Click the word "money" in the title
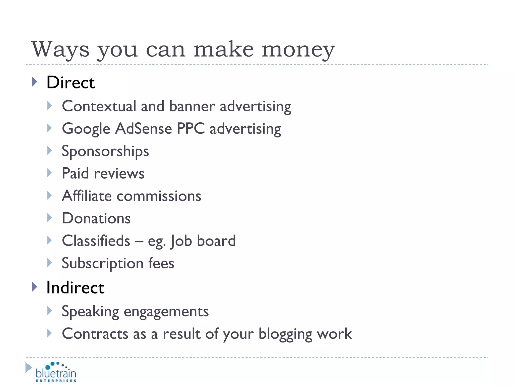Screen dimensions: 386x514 pyautogui.click(x=298, y=50)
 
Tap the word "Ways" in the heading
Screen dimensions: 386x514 pyautogui.click(x=60, y=50)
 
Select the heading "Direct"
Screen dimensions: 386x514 pyautogui.click(x=71, y=82)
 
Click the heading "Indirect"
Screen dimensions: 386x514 pyautogui.click(x=75, y=287)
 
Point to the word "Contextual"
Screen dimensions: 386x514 pyautogui.click(x=99, y=106)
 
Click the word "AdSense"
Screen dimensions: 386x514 pyautogui.click(x=144, y=129)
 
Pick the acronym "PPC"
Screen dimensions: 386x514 pyautogui.click(x=191, y=129)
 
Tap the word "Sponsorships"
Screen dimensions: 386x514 pyautogui.click(x=105, y=151)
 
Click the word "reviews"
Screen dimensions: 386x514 pyautogui.click(x=119, y=174)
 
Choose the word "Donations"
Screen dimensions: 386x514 pyautogui.click(x=96, y=218)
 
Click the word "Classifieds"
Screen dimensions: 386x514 pyautogui.click(x=96, y=241)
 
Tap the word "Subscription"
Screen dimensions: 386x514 pyautogui.click(x=103, y=263)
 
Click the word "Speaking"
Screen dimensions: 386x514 pyautogui.click(x=90, y=312)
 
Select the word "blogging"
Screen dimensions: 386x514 pyautogui.click(x=285, y=334)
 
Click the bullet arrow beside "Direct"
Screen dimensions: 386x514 pyautogui.click(x=35, y=82)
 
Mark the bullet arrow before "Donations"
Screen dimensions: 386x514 pyautogui.click(x=49, y=218)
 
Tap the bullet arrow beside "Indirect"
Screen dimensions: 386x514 pyautogui.click(x=35, y=287)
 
